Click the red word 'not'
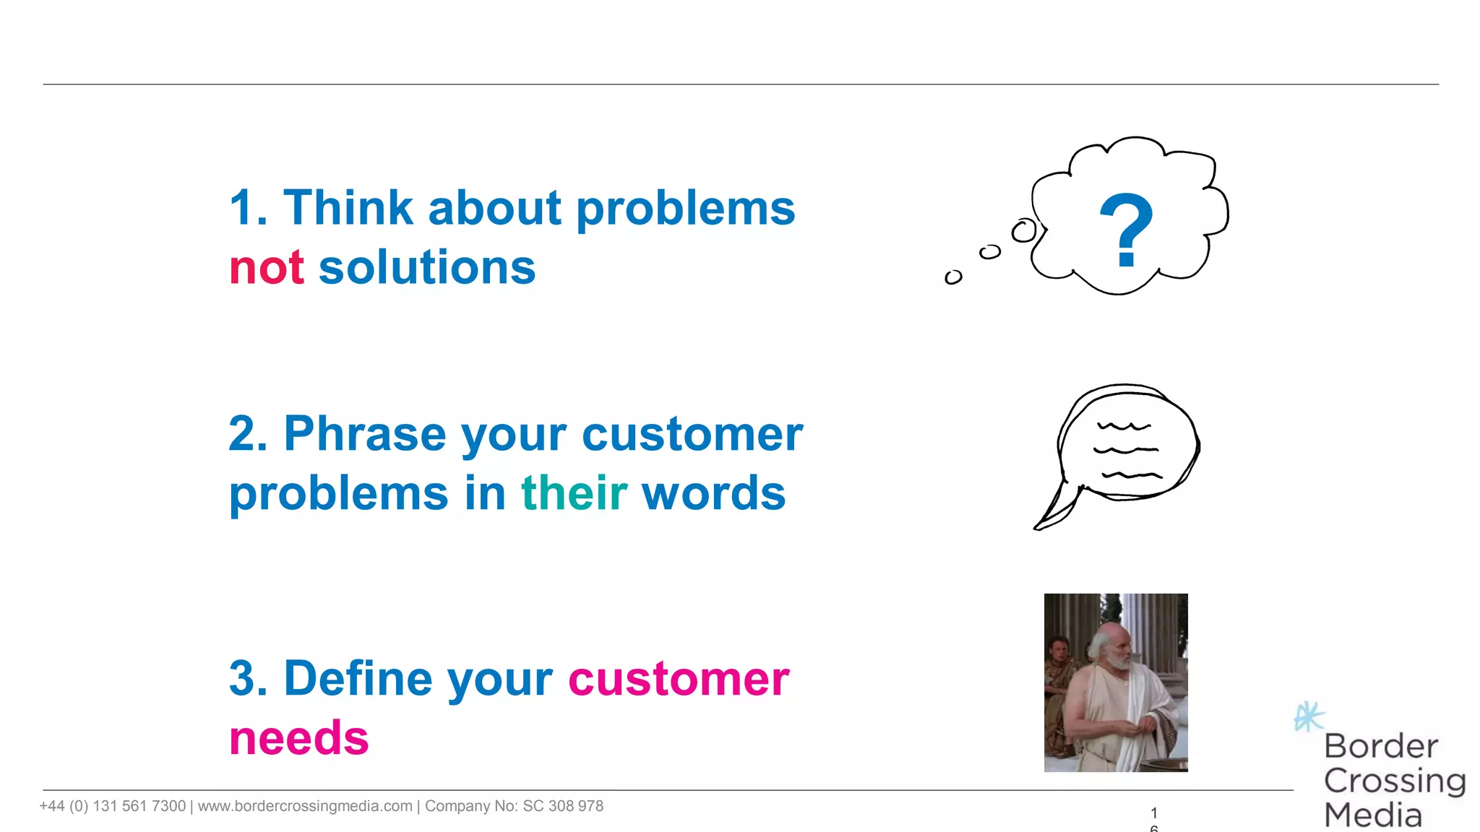[266, 268]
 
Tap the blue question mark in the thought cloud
[1125, 230]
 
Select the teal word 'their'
[574, 493]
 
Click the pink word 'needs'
[298, 738]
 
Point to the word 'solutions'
[426, 268]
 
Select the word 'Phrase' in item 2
[365, 434]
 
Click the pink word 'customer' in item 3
[678, 679]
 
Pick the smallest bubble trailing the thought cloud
[953, 277]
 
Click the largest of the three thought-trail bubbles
[1024, 231]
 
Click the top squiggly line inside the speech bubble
[1124, 426]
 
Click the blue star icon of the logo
[1309, 716]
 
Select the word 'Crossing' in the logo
[1394, 781]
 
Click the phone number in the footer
[112, 806]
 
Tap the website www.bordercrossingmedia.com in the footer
[305, 806]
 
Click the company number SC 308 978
[562, 806]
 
